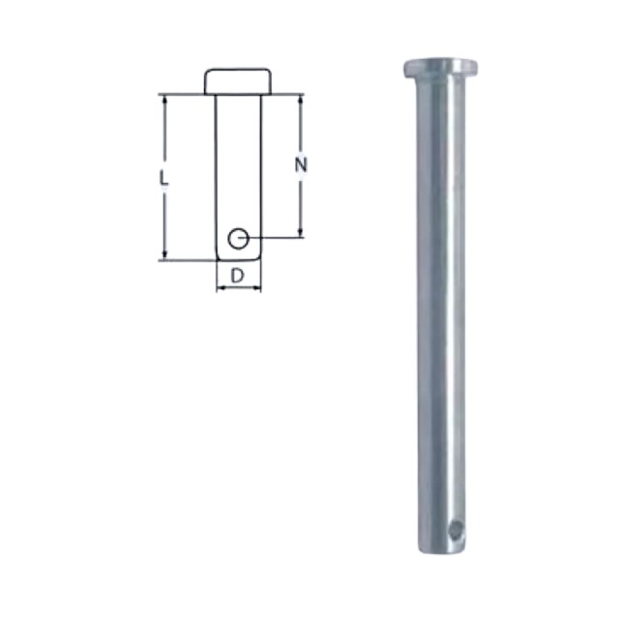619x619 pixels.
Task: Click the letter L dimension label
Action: (x=163, y=178)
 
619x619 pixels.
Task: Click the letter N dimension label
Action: (x=301, y=164)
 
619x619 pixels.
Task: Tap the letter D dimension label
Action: (x=237, y=276)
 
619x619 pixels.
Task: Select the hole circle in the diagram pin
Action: (x=238, y=239)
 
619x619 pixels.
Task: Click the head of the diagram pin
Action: (x=238, y=81)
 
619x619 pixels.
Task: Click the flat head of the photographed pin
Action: (x=441, y=68)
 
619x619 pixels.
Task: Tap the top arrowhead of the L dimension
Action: (x=165, y=100)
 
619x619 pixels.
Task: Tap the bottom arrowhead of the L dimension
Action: (x=165, y=255)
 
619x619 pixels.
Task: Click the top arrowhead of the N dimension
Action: (x=301, y=100)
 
